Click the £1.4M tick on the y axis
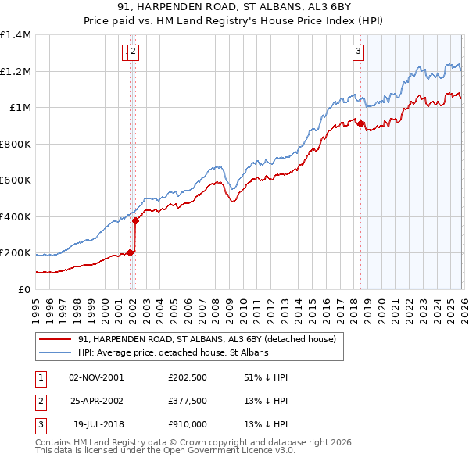(16, 35)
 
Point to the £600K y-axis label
(16, 180)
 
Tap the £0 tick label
(24, 289)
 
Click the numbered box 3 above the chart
(358, 52)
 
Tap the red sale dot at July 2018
(360, 123)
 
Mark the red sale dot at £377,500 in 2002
(136, 220)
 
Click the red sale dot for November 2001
(130, 252)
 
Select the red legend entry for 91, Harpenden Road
(206, 339)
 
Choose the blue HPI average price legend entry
(173, 353)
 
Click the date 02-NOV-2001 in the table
(96, 377)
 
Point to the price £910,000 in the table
(188, 425)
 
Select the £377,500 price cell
(188, 401)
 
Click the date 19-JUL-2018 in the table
(96, 425)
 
